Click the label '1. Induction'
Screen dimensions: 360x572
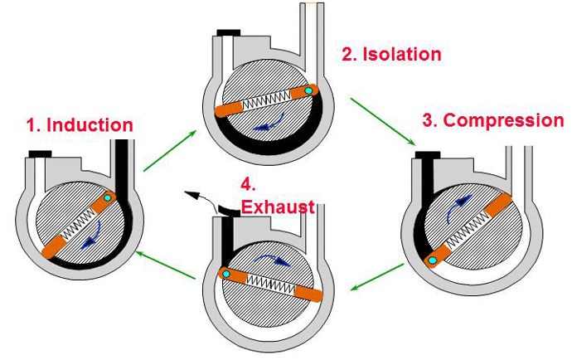[x=80, y=125]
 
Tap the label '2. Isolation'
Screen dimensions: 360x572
[x=391, y=55]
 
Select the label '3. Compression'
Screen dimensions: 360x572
[x=492, y=120]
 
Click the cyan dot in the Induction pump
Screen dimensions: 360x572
[x=107, y=200]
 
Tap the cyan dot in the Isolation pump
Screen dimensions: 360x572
[x=308, y=90]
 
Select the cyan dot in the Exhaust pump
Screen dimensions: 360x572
[x=225, y=275]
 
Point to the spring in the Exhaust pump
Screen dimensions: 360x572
[x=273, y=285]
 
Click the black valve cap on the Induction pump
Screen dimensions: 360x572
[x=39, y=153]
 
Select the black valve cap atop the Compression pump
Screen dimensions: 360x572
[x=428, y=154]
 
